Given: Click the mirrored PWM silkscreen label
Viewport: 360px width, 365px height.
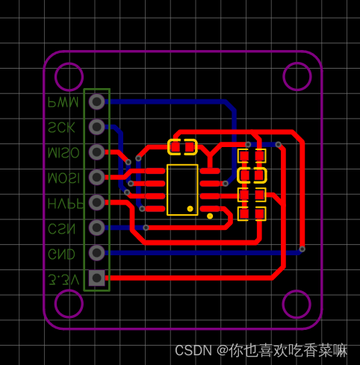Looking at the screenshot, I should click(63, 102).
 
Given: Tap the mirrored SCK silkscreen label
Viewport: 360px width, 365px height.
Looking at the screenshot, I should click(61, 127).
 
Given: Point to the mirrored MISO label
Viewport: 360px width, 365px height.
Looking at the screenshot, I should click(63, 152).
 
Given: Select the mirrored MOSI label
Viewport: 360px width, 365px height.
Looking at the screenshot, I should click(63, 178).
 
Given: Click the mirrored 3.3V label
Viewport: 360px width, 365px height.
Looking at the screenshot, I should click(63, 279).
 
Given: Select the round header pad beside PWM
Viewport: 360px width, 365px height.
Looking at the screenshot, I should click(96, 102).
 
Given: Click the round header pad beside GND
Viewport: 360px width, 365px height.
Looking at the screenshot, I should click(96, 253).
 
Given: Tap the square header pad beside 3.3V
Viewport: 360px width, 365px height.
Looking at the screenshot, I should click(96, 278).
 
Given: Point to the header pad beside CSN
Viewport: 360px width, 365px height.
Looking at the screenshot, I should click(96, 228).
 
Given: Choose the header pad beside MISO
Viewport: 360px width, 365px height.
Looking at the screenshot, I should click(96, 152).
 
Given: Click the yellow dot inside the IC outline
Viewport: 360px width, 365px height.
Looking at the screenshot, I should click(190, 208).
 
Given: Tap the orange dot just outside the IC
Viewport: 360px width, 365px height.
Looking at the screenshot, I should click(210, 216).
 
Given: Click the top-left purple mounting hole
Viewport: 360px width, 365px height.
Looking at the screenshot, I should click(69, 77).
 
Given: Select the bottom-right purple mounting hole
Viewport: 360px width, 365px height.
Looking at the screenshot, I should click(297, 305).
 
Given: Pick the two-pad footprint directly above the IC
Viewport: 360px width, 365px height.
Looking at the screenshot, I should click(182, 147).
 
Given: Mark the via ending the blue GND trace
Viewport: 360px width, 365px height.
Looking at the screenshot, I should click(302, 249).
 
